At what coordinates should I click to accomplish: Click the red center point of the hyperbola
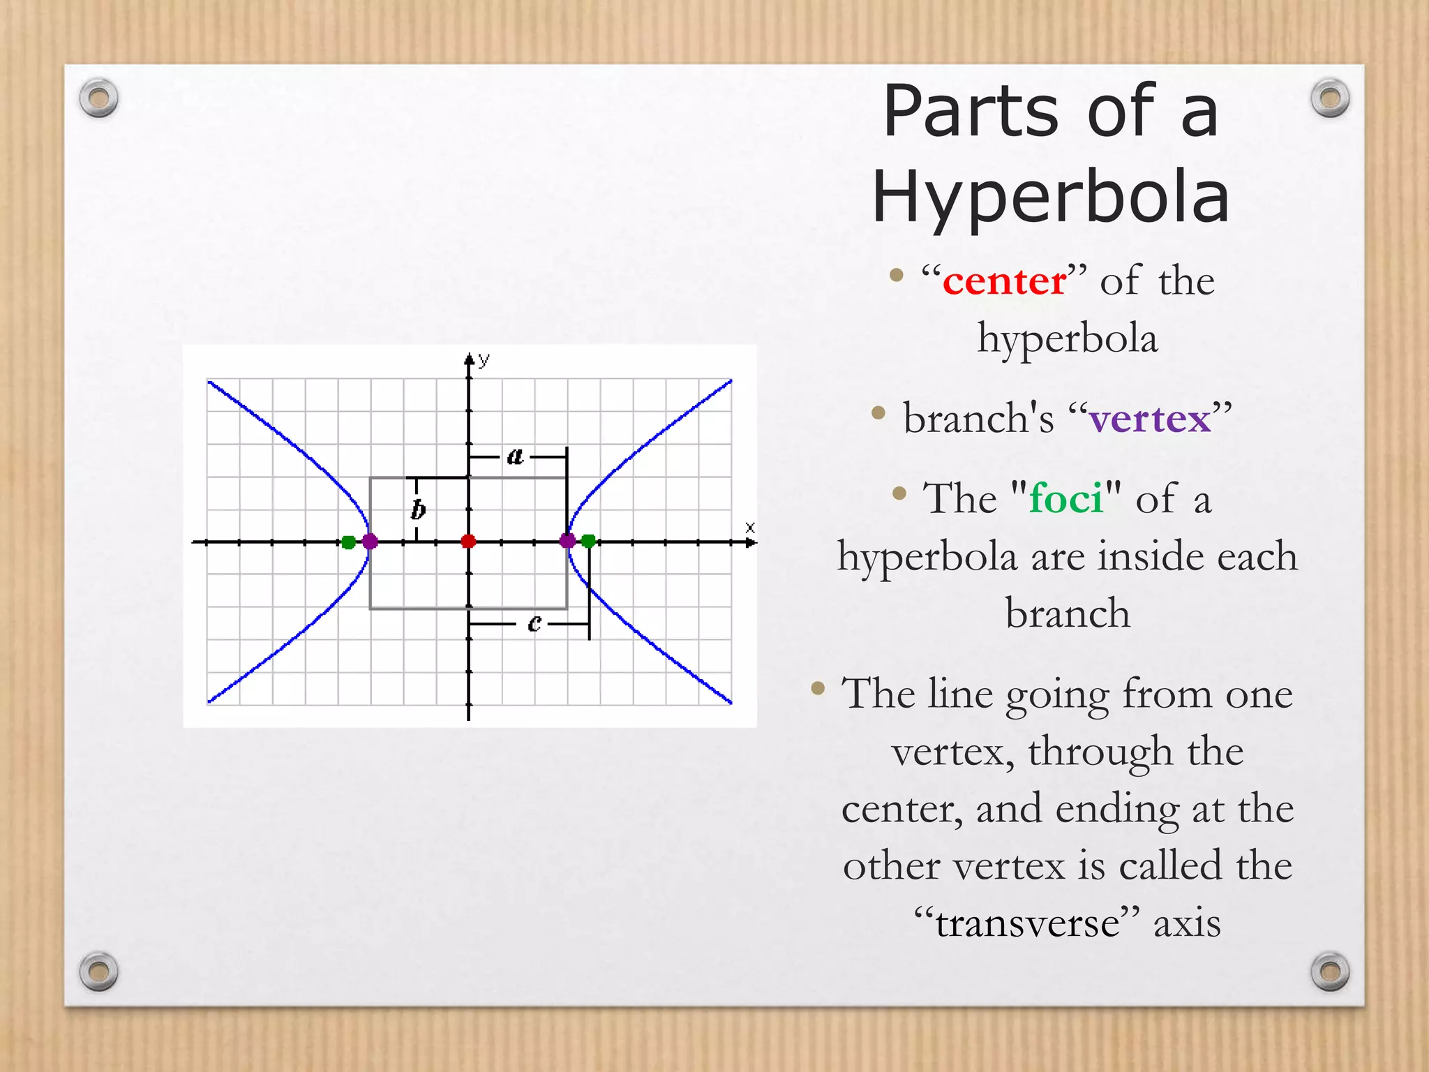[x=468, y=542]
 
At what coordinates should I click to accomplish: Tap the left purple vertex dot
[x=370, y=542]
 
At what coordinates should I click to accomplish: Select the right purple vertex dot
[x=567, y=541]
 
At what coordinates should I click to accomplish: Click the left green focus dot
[x=348, y=542]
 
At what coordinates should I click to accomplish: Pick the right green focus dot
[x=588, y=541]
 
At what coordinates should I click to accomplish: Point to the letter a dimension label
[x=515, y=456]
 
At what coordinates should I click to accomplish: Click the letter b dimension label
[x=418, y=509]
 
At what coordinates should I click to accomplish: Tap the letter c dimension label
[x=534, y=623]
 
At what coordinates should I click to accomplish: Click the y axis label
[x=484, y=359]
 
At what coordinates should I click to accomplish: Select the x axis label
[x=750, y=528]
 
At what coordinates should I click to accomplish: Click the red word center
[x=1004, y=281]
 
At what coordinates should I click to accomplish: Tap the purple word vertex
[x=1150, y=419]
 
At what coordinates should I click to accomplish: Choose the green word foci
[x=1066, y=498]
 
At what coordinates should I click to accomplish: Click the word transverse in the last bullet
[x=1028, y=923]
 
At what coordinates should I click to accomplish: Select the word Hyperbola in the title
[x=1051, y=197]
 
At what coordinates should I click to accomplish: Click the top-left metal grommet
[x=98, y=98]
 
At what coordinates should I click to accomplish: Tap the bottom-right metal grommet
[x=1330, y=971]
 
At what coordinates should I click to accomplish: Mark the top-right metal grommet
[x=1330, y=98]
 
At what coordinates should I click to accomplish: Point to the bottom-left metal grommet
[x=98, y=971]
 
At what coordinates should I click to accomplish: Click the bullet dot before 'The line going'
[x=818, y=690]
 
